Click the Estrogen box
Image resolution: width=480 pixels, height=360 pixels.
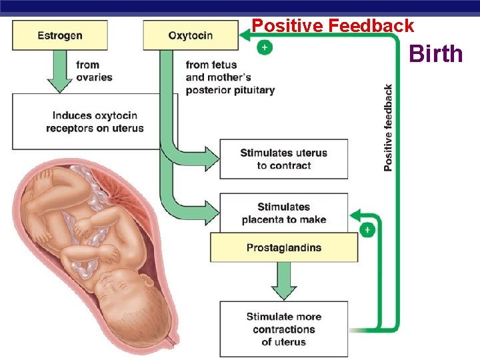click(x=60, y=35)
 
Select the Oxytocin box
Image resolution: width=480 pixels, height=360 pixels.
click(x=191, y=35)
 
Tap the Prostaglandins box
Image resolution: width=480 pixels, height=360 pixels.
click(x=284, y=248)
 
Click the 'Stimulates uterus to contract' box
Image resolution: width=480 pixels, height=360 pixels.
click(x=284, y=159)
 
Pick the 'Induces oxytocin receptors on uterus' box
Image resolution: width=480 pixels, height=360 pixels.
click(x=95, y=121)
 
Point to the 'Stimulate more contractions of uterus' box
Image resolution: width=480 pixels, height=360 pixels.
click(x=284, y=329)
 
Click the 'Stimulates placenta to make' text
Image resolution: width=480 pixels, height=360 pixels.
click(x=284, y=213)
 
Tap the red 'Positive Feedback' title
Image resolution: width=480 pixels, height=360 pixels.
click(x=333, y=26)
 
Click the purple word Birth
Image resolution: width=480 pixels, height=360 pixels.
click(x=436, y=53)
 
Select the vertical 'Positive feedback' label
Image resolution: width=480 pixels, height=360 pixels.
click(x=388, y=127)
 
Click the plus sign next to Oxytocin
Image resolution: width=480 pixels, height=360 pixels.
click(x=265, y=49)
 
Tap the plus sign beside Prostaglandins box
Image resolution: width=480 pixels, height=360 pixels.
click(x=367, y=230)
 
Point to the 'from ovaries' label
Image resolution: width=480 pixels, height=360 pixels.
click(x=94, y=71)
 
